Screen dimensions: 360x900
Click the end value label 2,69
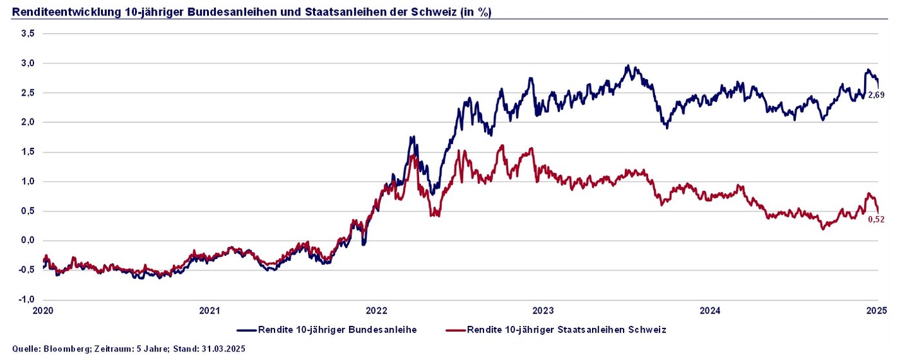point(876,95)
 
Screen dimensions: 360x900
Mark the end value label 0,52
point(876,219)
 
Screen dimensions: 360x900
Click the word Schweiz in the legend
point(647,330)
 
